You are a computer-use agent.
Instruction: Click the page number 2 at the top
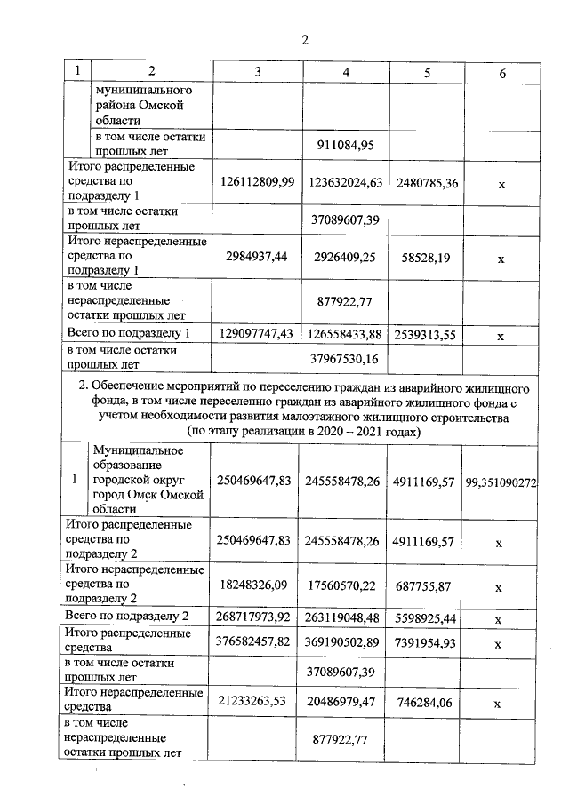pyautogui.click(x=304, y=39)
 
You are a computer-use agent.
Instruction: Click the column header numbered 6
pyautogui.click(x=502, y=74)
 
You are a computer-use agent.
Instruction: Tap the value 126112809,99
pyautogui.click(x=256, y=181)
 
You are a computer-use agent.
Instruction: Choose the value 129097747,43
pyautogui.click(x=256, y=334)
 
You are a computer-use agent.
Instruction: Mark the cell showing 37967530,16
pyautogui.click(x=347, y=359)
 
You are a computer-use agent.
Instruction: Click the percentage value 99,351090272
pyautogui.click(x=513, y=480)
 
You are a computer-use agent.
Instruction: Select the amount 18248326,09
pyautogui.click(x=256, y=585)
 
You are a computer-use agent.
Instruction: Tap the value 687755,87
pyautogui.click(x=427, y=585)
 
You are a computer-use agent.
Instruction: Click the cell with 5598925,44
pyautogui.click(x=427, y=616)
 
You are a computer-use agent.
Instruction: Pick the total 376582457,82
pyautogui.click(x=256, y=641)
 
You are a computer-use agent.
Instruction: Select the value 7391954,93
pyautogui.click(x=427, y=641)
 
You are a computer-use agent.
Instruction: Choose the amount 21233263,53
pyautogui.click(x=256, y=701)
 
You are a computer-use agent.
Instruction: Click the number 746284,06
pyautogui.click(x=427, y=701)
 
